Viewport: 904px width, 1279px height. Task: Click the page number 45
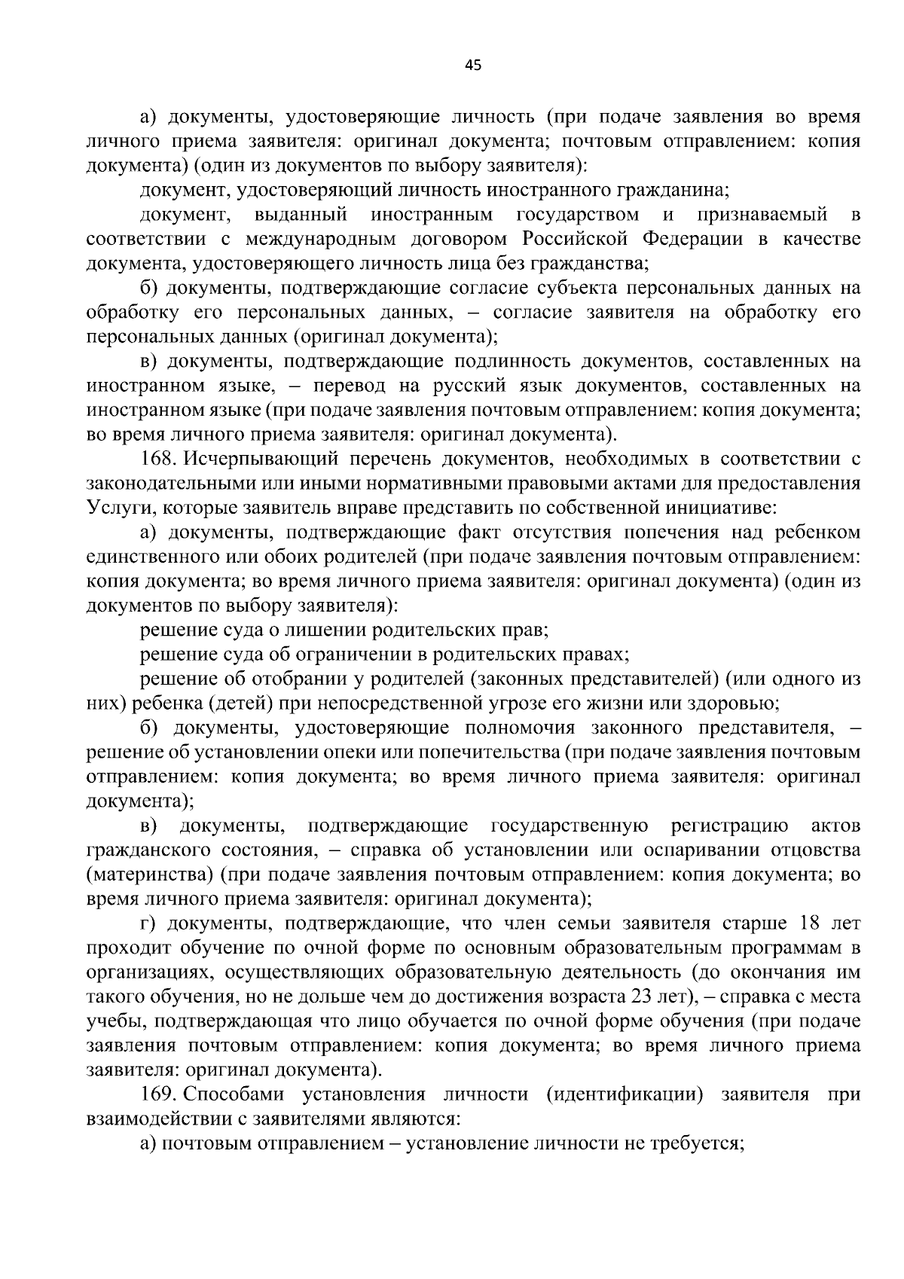tap(473, 66)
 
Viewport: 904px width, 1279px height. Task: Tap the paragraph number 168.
tap(159, 459)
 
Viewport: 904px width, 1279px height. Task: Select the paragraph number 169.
tap(159, 1094)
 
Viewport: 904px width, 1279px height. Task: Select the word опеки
tap(345, 752)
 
